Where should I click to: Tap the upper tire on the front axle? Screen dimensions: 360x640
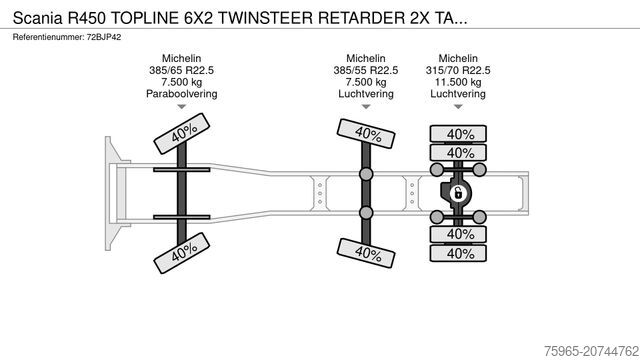[180, 134]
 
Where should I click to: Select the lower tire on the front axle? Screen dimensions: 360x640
[181, 252]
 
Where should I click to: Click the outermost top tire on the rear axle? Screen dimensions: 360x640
[459, 134]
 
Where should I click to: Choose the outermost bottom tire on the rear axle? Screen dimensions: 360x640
[459, 253]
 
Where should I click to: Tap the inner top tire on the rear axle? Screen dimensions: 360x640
[459, 153]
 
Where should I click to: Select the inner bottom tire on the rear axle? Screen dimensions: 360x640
[459, 234]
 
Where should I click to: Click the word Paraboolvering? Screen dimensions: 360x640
[180, 94]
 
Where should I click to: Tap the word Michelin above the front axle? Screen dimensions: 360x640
[180, 58]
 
